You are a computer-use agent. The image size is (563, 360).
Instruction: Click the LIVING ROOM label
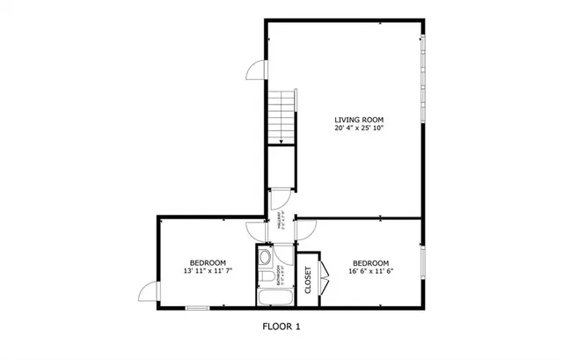point(359,119)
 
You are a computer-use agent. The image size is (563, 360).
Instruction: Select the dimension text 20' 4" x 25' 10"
point(359,129)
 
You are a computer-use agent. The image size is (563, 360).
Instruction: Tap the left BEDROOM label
point(208,262)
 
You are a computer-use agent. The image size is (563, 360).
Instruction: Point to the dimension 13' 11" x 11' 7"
point(208,272)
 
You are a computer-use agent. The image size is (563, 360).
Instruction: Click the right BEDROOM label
point(370,262)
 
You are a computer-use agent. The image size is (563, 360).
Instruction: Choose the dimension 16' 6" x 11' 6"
point(370,272)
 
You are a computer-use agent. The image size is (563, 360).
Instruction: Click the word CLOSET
point(308,279)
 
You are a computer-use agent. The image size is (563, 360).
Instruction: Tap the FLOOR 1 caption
point(281,327)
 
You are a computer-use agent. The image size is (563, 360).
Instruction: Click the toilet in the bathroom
point(265,258)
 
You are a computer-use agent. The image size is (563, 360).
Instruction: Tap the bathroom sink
point(267,274)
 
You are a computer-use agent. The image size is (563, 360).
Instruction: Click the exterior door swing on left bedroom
point(150,292)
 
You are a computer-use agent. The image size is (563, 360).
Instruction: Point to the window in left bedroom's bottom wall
point(198,308)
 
